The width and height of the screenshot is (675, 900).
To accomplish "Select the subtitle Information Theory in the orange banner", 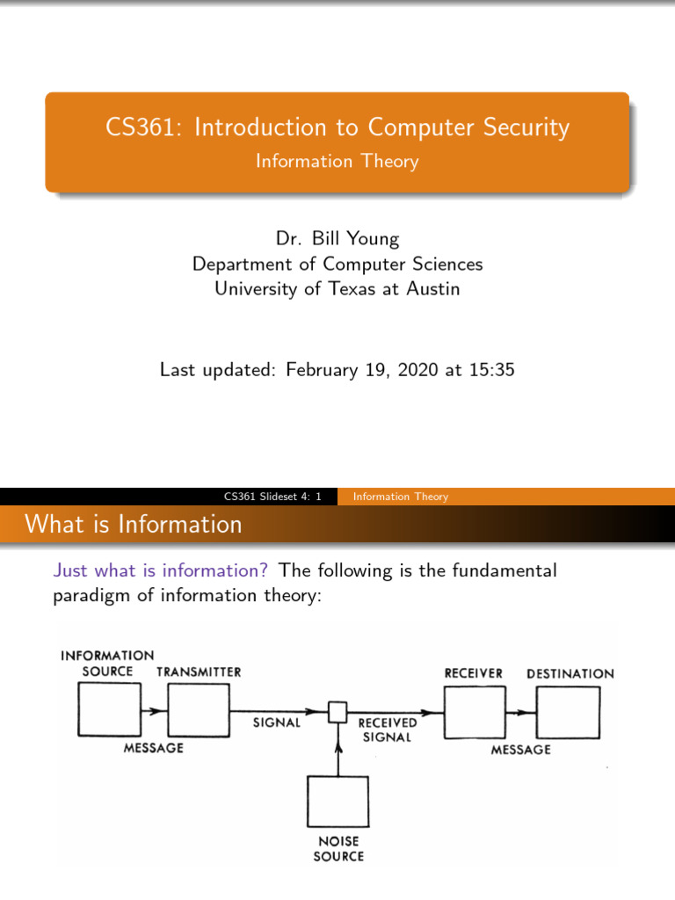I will [337, 162].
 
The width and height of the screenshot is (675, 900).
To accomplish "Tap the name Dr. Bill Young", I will [337, 239].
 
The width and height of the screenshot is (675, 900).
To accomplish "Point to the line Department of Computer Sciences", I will [337, 264].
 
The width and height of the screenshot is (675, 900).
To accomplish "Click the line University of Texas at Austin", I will [337, 288].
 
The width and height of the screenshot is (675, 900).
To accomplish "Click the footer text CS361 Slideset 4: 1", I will [273, 497].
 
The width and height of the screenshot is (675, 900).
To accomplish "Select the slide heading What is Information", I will [134, 525].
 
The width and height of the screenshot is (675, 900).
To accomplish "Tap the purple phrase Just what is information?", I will [161, 570].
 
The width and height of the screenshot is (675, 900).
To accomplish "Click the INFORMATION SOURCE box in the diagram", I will [109, 710].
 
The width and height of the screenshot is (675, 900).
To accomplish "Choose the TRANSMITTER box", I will [199, 710].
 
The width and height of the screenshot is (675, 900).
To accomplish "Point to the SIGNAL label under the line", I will [277, 723].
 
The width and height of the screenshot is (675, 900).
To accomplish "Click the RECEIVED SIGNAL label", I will [388, 729].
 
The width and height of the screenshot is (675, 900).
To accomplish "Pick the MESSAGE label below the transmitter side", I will [154, 748].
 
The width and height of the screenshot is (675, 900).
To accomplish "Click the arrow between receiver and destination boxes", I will [521, 711].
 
